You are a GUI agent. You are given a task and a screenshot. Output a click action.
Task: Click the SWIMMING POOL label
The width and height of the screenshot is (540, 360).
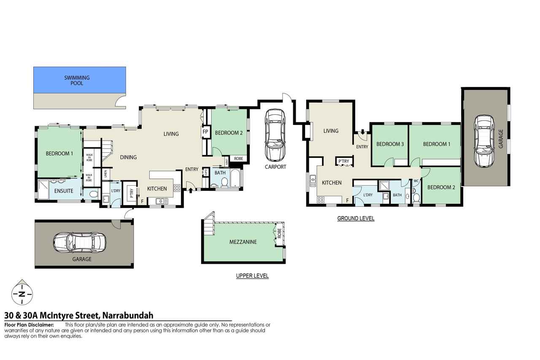coord(77,81)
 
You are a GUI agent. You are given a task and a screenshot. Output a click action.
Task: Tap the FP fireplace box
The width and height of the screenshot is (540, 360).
coord(205,132)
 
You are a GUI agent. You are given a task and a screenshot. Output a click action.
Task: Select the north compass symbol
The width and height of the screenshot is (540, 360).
coord(22,292)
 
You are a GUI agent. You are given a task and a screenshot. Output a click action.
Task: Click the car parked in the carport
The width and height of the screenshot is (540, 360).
coord(275,135)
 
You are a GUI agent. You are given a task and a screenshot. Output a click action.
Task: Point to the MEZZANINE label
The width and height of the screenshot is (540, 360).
coord(243,242)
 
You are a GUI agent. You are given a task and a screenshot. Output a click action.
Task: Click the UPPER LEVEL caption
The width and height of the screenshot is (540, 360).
coord(252,276)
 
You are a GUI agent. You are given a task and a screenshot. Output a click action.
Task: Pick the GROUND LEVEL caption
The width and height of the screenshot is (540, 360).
coord(356,219)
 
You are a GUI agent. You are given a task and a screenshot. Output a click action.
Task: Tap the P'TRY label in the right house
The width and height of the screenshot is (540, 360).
coord(344,161)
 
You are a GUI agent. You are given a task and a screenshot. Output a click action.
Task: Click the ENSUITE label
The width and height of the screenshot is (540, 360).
coord(64,191)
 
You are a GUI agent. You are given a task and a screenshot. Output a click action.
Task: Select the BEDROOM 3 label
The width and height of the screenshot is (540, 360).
coord(390,144)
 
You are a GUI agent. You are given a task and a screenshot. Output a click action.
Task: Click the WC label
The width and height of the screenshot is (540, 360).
coord(416,181)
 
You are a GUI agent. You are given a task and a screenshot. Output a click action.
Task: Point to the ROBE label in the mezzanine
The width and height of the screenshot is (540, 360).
coord(279,233)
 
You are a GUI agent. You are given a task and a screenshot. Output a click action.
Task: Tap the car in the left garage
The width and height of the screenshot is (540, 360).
coord(80,243)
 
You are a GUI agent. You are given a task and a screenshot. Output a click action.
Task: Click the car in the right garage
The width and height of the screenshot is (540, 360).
coord(484,141)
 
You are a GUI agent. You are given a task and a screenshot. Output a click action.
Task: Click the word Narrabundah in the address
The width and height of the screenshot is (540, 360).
coord(128,315)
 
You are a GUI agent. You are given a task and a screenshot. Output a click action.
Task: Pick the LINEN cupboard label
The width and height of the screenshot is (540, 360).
coord(105,174)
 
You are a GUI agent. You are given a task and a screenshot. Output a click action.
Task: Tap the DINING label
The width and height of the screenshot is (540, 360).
coord(129,157)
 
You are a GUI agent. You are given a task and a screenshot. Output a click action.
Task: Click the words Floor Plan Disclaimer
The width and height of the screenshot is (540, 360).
coord(29,325)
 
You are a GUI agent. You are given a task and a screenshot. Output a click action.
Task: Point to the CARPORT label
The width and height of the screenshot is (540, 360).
coord(275,167)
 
